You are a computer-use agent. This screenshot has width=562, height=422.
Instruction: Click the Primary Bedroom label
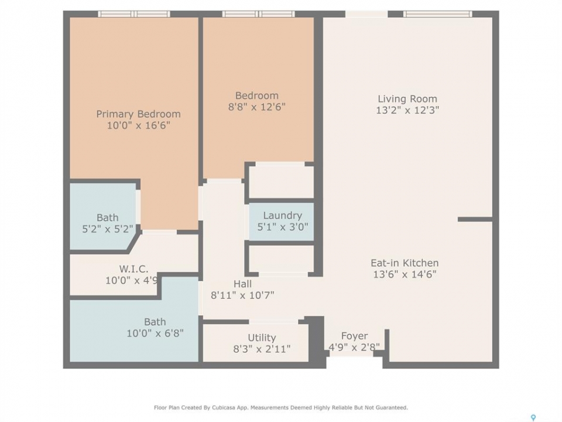[x=138, y=114]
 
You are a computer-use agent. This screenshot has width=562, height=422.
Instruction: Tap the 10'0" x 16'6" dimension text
[x=138, y=125]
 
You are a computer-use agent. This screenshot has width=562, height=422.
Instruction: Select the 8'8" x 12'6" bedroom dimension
[x=257, y=107]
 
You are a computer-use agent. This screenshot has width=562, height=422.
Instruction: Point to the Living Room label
[x=407, y=98]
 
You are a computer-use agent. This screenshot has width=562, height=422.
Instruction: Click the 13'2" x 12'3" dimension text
[x=407, y=110]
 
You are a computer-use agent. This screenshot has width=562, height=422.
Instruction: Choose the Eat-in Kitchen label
[x=405, y=263]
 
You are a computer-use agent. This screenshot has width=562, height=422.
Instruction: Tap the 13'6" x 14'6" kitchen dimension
[x=405, y=274]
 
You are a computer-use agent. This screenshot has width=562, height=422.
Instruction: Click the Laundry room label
[x=282, y=216]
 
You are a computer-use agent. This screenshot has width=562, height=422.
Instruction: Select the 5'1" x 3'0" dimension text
[x=282, y=227]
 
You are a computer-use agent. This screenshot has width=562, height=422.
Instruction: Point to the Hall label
[x=242, y=284]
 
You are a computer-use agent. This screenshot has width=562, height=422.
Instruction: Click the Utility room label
[x=262, y=338]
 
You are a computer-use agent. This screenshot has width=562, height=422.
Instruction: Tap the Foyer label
[x=354, y=336]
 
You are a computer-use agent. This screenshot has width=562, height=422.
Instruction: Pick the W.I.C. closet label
[x=133, y=269]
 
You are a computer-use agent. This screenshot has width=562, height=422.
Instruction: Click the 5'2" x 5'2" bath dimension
[x=108, y=229]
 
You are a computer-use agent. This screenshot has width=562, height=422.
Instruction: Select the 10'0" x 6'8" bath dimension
[x=155, y=333]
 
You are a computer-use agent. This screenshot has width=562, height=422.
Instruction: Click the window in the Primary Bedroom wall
[x=134, y=14]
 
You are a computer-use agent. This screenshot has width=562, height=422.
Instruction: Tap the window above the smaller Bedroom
[x=258, y=14]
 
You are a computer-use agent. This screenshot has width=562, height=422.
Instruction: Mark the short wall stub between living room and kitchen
[x=475, y=219]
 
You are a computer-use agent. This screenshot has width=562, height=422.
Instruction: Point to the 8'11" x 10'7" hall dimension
[x=242, y=295]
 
